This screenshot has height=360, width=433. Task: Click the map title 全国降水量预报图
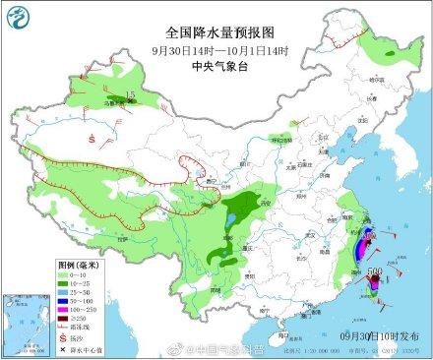pos(216,32)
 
